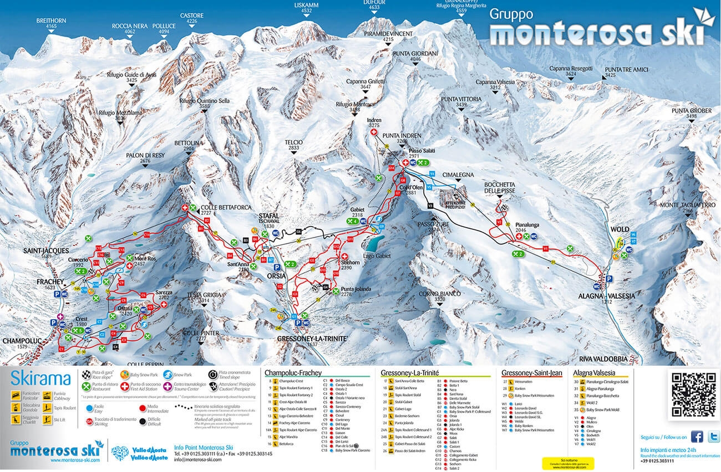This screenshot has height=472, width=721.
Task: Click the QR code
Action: (x=694, y=394)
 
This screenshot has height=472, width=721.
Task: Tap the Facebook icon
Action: (x=698, y=437)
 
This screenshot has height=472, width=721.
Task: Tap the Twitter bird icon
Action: (x=713, y=437)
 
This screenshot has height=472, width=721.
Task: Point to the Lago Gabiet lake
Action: (x=373, y=243)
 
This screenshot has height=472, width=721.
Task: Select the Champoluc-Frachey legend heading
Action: (x=293, y=373)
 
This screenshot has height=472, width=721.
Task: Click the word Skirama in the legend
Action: (x=40, y=378)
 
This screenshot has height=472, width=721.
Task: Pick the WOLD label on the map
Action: (x=620, y=229)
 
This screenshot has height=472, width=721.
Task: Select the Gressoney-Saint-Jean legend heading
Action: (x=531, y=373)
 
